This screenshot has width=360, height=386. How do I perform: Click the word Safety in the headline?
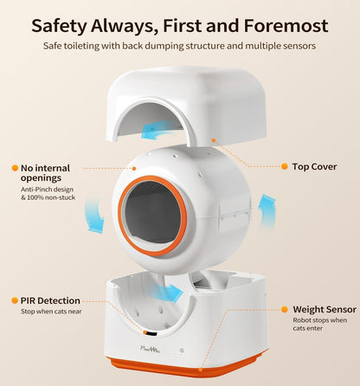(59, 26)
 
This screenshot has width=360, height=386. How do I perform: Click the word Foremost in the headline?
(286, 25)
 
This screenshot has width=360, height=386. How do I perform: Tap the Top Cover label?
(314, 166)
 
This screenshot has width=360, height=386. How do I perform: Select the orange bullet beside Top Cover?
(285, 166)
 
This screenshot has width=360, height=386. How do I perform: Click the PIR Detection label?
(50, 300)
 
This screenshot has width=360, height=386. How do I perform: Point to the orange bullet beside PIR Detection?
(15, 300)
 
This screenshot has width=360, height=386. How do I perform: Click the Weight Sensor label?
(325, 309)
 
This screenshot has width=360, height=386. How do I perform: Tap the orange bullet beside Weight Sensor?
(285, 309)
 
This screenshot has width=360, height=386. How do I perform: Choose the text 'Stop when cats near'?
(51, 312)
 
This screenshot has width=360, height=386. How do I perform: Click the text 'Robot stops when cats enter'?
(320, 324)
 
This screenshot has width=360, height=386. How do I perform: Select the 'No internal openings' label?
(45, 173)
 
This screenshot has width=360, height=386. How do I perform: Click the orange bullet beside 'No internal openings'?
(15, 168)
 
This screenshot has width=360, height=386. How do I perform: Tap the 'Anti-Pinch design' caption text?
(47, 190)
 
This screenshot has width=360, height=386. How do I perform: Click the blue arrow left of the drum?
(94, 215)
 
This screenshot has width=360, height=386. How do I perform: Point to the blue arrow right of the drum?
(267, 212)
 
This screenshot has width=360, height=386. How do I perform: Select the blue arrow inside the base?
(167, 292)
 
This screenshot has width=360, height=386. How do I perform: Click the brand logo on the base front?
(150, 349)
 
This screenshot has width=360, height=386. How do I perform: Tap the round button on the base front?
(182, 351)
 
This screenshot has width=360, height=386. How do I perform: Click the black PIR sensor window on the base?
(151, 334)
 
